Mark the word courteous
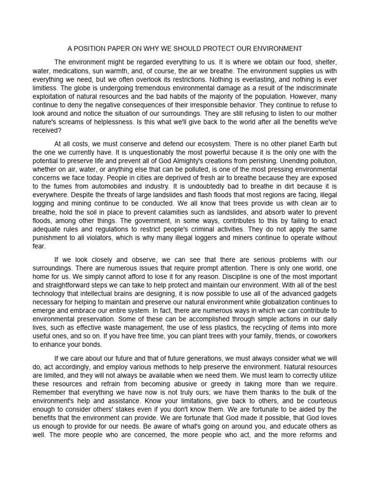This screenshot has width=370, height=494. point(315,393)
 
